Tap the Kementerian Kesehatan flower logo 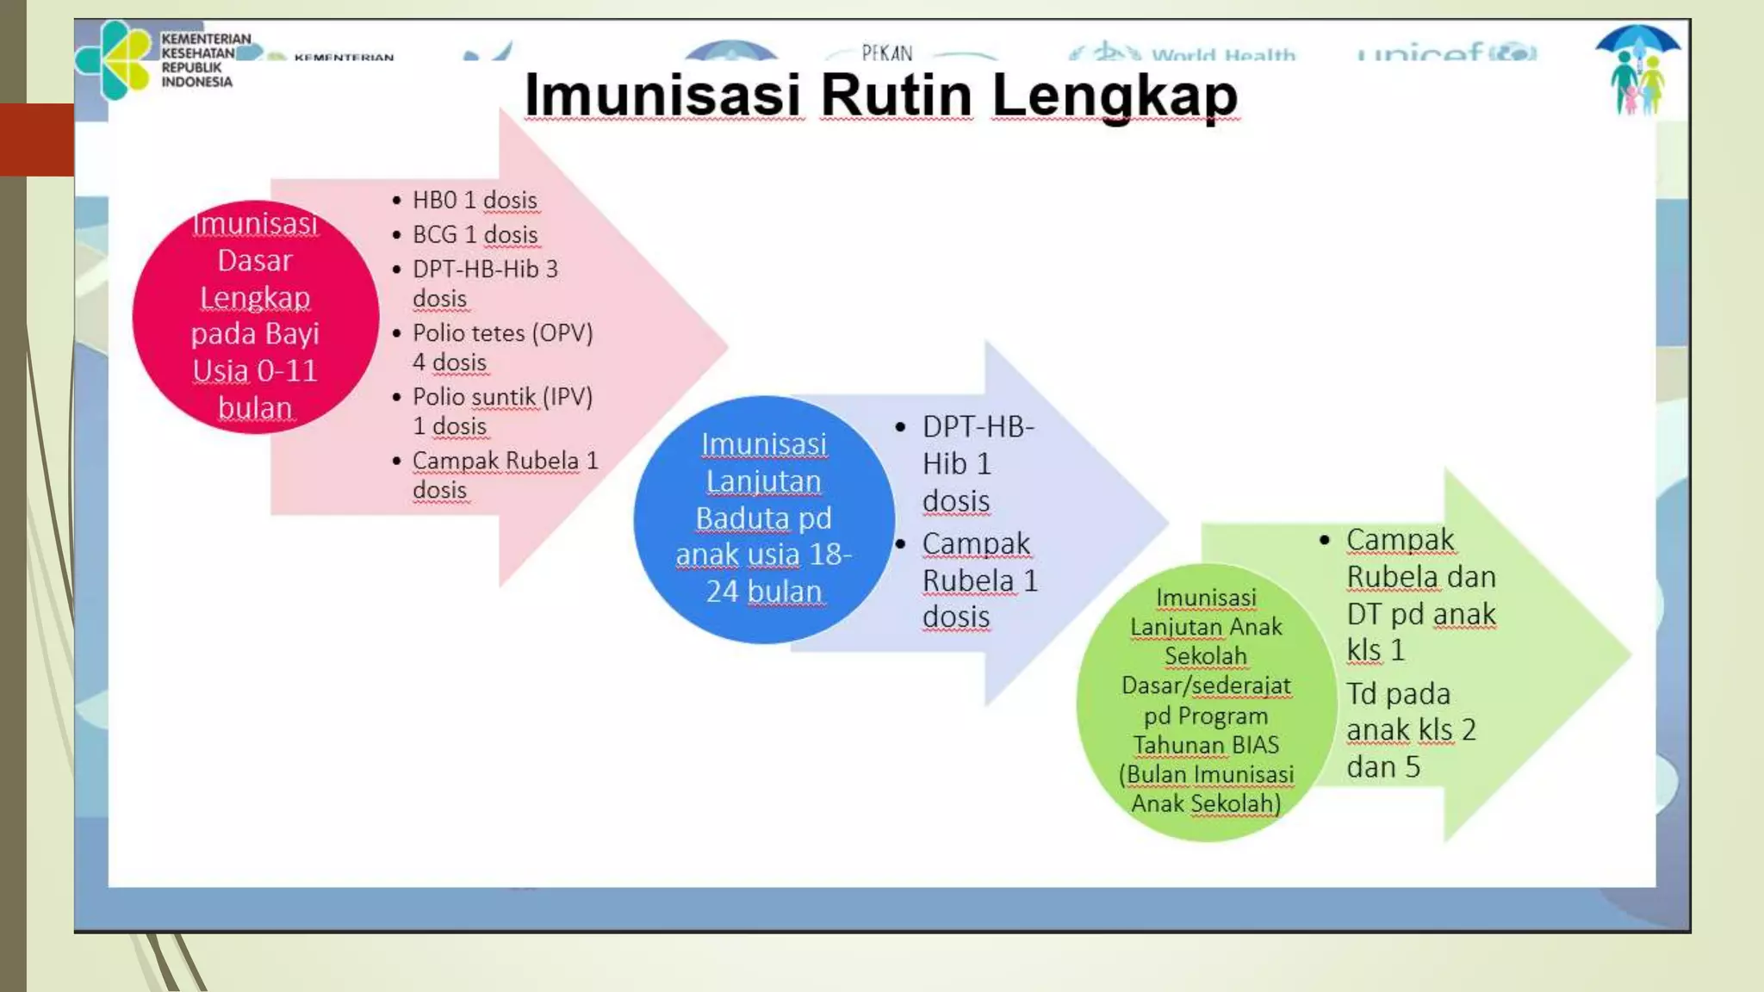pyautogui.click(x=112, y=59)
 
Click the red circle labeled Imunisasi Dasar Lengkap pyautogui.click(x=255, y=315)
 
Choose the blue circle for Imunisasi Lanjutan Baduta pyautogui.click(x=763, y=518)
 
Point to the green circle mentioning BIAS pyautogui.click(x=1206, y=701)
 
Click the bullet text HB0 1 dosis pyautogui.click(x=475, y=200)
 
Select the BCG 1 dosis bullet pyautogui.click(x=475, y=234)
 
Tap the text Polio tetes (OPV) pyautogui.click(x=502, y=333)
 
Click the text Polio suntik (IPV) pyautogui.click(x=502, y=397)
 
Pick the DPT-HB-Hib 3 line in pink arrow pyautogui.click(x=485, y=269)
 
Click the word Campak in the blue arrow pyautogui.click(x=976, y=543)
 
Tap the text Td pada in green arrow pyautogui.click(x=1398, y=693)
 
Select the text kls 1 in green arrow pyautogui.click(x=1376, y=650)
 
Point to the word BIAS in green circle pyautogui.click(x=1257, y=744)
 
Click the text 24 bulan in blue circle pyautogui.click(x=763, y=592)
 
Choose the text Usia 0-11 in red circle pyautogui.click(x=255, y=370)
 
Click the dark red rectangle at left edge pyautogui.click(x=37, y=139)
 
